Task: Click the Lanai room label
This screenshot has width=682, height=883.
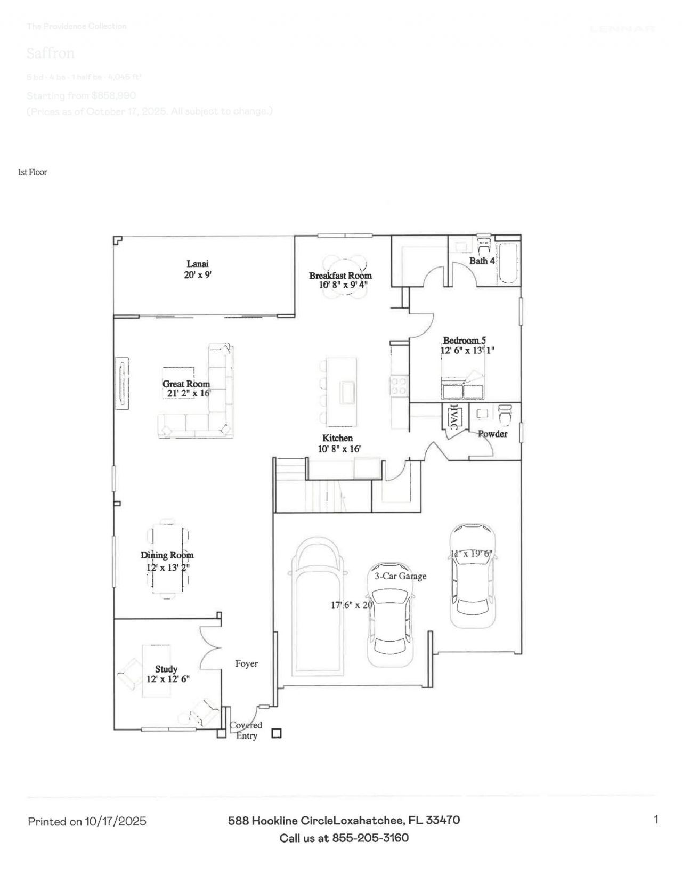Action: point(197,263)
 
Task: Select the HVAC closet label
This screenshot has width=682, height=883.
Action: point(453,417)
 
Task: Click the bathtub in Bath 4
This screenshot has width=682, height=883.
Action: point(507,263)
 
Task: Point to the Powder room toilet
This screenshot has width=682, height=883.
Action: point(504,414)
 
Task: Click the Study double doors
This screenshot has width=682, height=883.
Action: point(210,647)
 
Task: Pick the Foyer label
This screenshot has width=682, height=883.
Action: point(246,663)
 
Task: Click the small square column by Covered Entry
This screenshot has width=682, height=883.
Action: point(276,733)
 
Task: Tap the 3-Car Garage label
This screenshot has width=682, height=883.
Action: point(400,576)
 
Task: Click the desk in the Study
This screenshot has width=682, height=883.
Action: point(156,670)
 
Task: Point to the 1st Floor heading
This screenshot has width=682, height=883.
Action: point(33,172)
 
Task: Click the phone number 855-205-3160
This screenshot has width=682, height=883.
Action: point(370,837)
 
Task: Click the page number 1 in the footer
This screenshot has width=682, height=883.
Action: point(656,819)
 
